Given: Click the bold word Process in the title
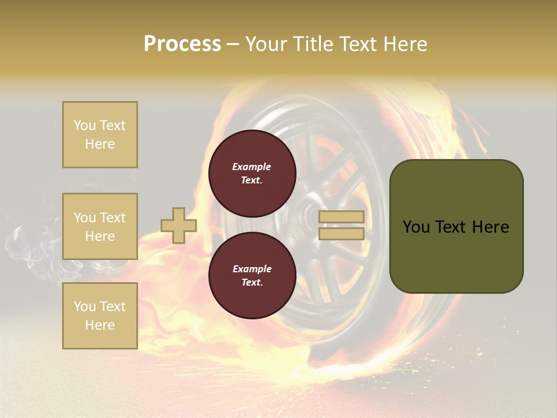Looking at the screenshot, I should [x=182, y=44].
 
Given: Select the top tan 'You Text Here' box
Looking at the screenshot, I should [x=100, y=135].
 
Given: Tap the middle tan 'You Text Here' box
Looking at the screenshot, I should [x=100, y=226].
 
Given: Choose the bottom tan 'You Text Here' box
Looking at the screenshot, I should [x=100, y=316].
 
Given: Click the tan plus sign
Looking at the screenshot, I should [x=179, y=225].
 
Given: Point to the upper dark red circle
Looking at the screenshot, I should [x=252, y=174].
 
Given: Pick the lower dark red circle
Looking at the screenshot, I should [x=252, y=276].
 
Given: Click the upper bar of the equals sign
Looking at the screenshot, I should [x=341, y=217].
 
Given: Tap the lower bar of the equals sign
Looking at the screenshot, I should [x=341, y=233].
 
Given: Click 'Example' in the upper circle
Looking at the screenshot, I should [x=252, y=167].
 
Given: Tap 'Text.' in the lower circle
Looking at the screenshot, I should [x=252, y=283].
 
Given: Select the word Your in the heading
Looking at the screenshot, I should [x=266, y=44].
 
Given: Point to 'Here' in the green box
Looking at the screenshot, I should [x=491, y=227].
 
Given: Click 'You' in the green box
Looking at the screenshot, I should [x=416, y=227].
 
